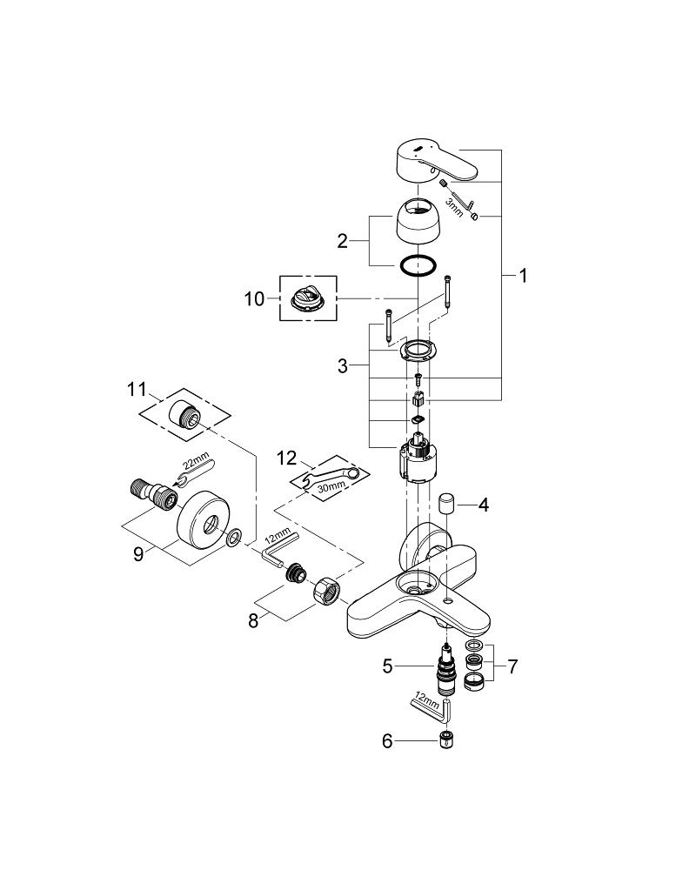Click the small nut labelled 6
coord(446,741)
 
